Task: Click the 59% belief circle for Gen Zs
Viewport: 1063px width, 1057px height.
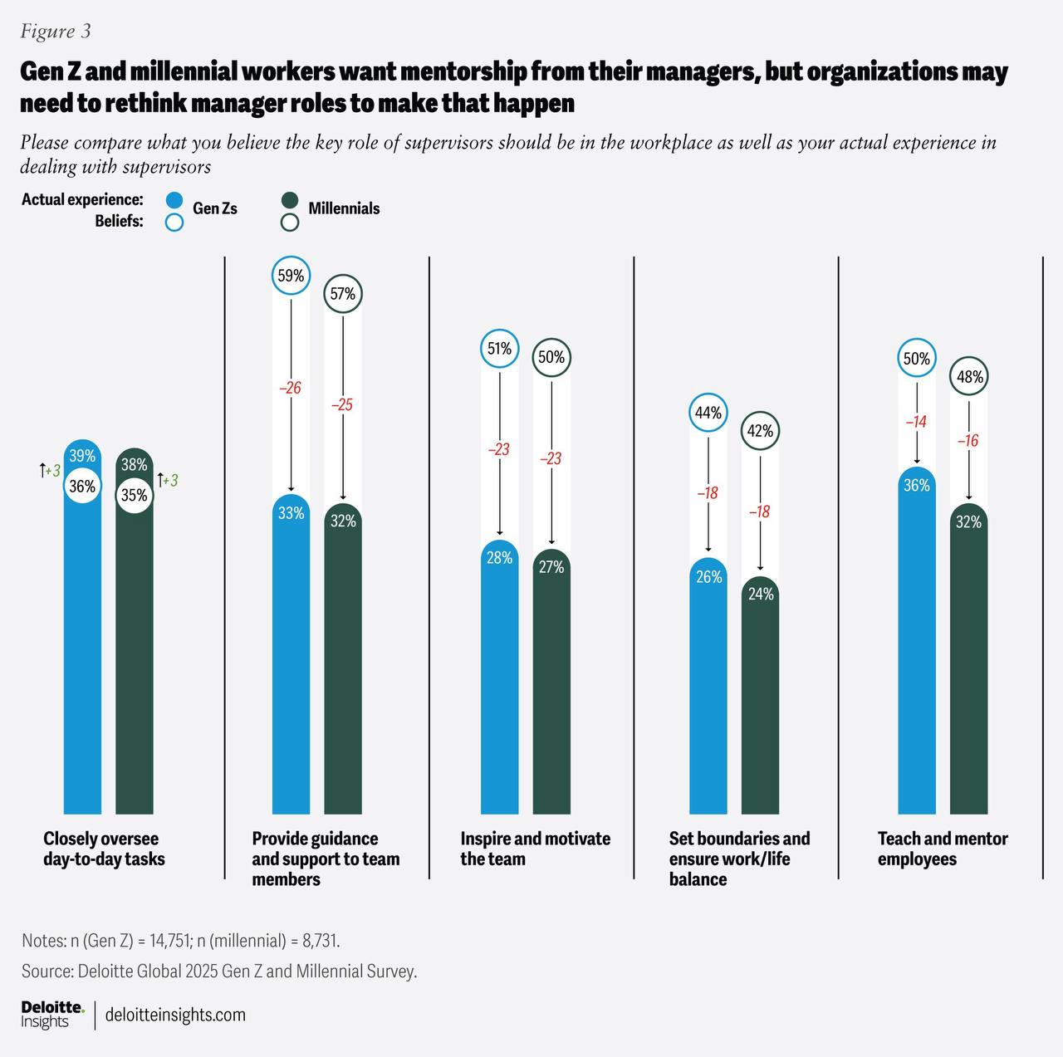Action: click(x=291, y=276)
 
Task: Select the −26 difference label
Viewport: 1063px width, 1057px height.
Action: click(x=290, y=388)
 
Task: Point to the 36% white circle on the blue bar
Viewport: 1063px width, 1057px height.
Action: click(x=82, y=486)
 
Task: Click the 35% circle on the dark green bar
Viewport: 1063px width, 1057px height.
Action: click(x=134, y=495)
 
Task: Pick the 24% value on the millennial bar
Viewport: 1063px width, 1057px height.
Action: click(x=761, y=595)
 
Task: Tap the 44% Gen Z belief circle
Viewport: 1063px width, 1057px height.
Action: click(x=708, y=412)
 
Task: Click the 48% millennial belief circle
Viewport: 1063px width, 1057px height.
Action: click(x=969, y=376)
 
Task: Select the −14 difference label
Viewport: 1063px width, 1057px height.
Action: click(x=916, y=422)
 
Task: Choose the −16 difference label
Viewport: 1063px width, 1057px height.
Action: click(x=968, y=441)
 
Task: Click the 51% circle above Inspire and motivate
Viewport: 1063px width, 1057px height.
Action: click(x=499, y=349)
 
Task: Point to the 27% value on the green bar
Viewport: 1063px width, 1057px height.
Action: click(x=551, y=567)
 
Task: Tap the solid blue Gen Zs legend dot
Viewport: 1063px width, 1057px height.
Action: click(x=174, y=201)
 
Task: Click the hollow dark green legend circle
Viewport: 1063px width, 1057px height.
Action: click(x=290, y=223)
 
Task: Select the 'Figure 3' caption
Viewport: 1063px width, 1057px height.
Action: click(x=55, y=32)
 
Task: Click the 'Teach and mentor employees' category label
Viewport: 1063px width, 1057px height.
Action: click(x=943, y=849)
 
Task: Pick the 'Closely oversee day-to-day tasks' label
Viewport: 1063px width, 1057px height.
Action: click(x=104, y=849)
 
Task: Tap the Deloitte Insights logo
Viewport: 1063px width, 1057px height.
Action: click(x=53, y=1015)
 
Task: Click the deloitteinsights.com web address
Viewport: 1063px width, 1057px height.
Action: click(x=175, y=1015)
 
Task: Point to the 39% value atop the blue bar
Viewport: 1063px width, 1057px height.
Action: click(x=82, y=456)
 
